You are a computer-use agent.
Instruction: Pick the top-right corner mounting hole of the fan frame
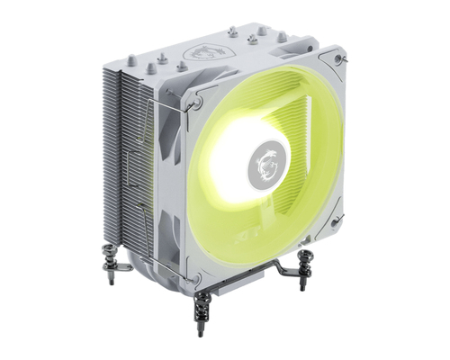pos(338,58)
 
